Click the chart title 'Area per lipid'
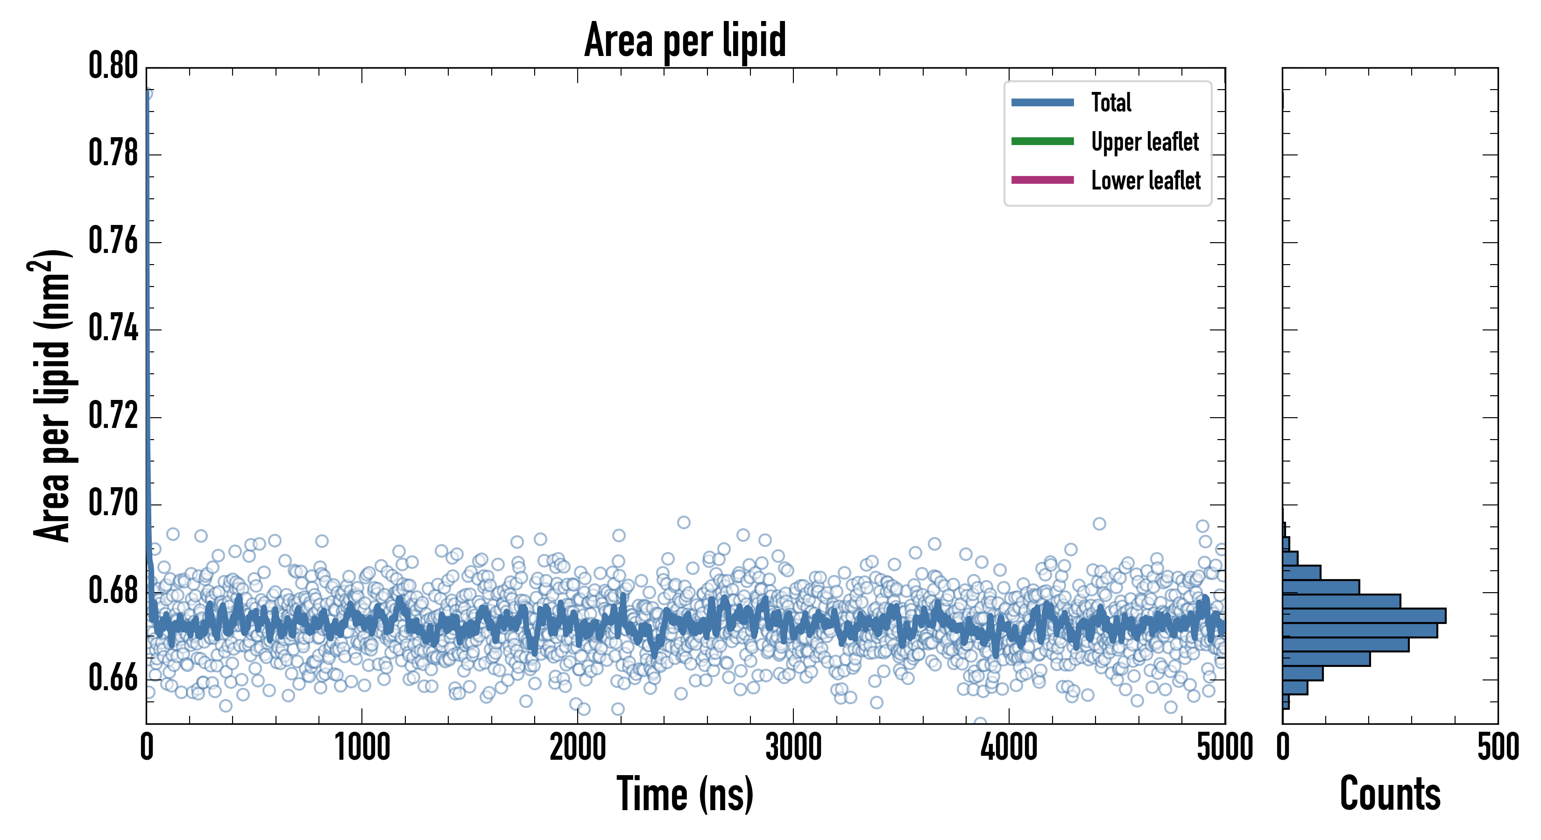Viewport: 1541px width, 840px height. click(685, 40)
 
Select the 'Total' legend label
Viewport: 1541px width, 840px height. click(1111, 102)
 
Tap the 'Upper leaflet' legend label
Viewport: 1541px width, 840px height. click(1145, 142)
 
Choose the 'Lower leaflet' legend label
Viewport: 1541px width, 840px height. click(1145, 181)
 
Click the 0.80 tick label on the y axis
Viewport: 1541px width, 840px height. click(113, 66)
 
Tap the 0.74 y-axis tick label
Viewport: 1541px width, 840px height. click(113, 329)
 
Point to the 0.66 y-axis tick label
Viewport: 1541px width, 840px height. click(113, 678)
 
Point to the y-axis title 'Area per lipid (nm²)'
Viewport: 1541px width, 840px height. click(51, 396)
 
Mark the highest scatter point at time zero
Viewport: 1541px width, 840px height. click(147, 93)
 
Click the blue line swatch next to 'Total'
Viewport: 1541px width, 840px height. click(1042, 102)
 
